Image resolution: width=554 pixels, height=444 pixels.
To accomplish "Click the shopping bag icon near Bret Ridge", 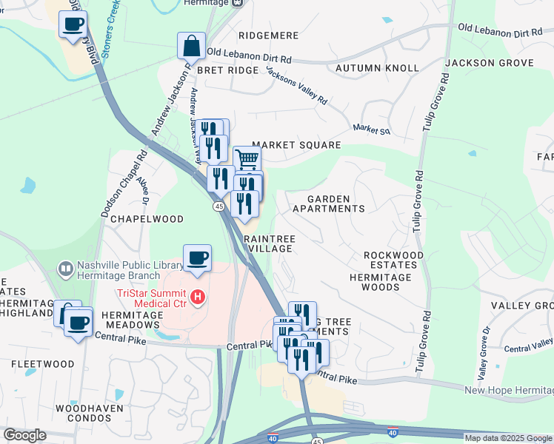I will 191,46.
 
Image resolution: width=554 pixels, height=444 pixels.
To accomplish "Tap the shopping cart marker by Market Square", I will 247,158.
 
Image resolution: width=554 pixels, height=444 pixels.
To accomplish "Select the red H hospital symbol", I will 197,298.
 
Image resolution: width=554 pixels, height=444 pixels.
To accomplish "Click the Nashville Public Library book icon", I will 66,268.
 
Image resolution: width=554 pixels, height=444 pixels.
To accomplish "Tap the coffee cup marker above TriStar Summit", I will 197,258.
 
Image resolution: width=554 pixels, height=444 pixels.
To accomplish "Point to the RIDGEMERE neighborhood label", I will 268,36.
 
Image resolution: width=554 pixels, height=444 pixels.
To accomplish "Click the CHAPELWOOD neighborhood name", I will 136,220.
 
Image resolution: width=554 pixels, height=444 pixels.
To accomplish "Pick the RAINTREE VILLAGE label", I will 270,244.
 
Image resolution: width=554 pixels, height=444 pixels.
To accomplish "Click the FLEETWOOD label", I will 42,364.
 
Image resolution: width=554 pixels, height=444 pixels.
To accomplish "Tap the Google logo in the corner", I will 24,435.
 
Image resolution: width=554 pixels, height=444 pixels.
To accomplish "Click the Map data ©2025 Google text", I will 508,438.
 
